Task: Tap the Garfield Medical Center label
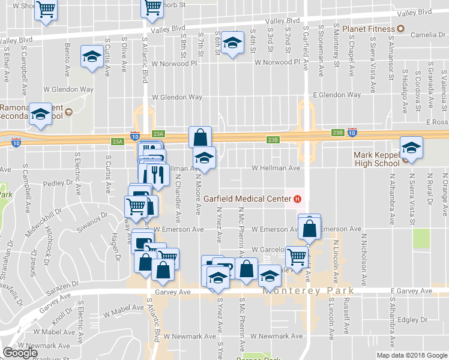point(247,199)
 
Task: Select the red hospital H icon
point(297,199)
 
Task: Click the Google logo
point(20,353)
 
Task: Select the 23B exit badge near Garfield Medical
point(273,140)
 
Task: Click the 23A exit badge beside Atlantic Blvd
point(158,134)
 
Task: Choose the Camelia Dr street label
point(428,35)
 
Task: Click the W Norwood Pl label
point(277,62)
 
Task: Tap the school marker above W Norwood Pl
point(232,43)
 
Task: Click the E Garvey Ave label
point(411,292)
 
